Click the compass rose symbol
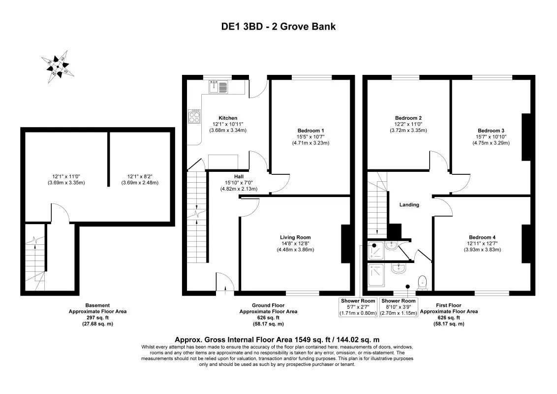(59, 65)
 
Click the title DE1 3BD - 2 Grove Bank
(278, 27)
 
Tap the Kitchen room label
(228, 118)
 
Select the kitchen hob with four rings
(194, 117)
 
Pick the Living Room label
(295, 237)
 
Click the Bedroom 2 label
(408, 118)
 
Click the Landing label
(409, 204)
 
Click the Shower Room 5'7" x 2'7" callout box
(358, 307)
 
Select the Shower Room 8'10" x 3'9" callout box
(399, 307)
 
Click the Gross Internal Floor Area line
(278, 340)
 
